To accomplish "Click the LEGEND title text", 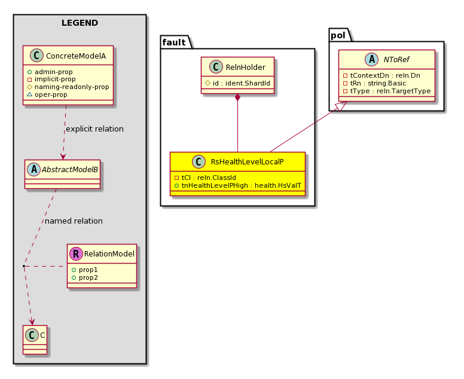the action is pyautogui.click(x=80, y=23).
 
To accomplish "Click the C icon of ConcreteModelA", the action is pyautogui.click(x=36, y=56).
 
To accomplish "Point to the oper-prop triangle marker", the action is pyautogui.click(x=29, y=94).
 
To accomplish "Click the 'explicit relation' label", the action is pyautogui.click(x=94, y=129).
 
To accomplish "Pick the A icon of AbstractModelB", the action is pyautogui.click(x=33, y=170).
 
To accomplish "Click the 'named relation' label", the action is pyautogui.click(x=74, y=221).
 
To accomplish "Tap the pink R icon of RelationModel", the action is pyautogui.click(x=76, y=253).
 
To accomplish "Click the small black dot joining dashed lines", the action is pyautogui.click(x=24, y=266).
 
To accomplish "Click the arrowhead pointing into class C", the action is pyautogui.click(x=32, y=322).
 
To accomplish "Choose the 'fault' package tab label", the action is pyautogui.click(x=174, y=42).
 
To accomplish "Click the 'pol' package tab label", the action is pyautogui.click(x=338, y=35).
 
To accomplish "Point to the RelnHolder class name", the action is pyautogui.click(x=245, y=68).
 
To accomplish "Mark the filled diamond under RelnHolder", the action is pyautogui.click(x=237, y=97).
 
